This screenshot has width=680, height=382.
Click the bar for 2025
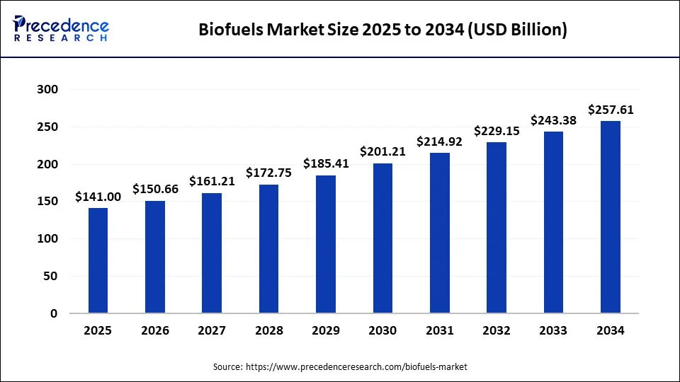tap(98, 260)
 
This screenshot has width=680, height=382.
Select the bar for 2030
tap(382, 238)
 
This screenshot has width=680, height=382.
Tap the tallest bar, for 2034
tap(611, 217)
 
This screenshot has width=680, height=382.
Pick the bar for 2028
tap(268, 249)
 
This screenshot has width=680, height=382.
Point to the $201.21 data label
tap(382, 151)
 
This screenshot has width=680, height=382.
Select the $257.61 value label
tap(611, 110)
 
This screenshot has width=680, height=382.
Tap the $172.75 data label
tap(268, 172)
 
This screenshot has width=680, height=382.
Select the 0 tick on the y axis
tap(54, 313)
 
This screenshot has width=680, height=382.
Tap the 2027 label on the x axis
tap(212, 331)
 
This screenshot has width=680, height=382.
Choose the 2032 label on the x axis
tap(497, 331)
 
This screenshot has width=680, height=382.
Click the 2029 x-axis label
tap(326, 331)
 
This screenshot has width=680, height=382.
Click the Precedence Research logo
tap(61, 29)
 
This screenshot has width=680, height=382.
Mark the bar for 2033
tap(554, 222)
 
